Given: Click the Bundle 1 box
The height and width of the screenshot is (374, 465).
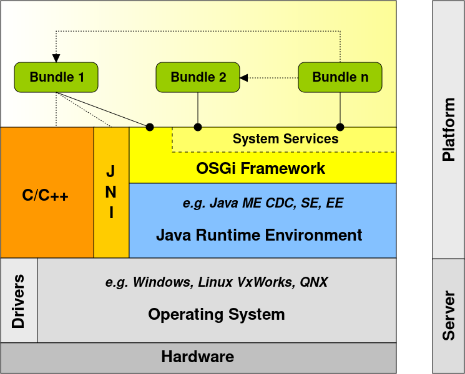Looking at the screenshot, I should [x=56, y=77].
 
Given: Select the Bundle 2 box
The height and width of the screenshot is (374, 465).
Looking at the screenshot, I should [x=198, y=77].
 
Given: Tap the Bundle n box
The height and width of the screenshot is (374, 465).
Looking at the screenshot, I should [x=340, y=77].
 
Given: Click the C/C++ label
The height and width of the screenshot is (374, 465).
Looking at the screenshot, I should [x=46, y=196].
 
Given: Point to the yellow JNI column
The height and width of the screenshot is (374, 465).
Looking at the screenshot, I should [x=111, y=192].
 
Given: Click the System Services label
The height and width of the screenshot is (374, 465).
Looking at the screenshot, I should [x=285, y=139].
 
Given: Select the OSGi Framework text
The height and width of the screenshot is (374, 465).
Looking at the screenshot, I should [x=261, y=168].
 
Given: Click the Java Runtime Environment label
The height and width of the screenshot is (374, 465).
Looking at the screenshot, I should [x=259, y=235].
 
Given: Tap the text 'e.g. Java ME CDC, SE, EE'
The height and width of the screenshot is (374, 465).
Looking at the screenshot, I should [x=263, y=203].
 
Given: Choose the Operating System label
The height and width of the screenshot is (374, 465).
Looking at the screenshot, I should [x=216, y=314].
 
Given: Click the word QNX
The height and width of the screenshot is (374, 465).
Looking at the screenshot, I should [x=313, y=282].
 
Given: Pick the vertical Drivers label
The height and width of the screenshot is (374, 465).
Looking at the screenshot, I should [x=18, y=301].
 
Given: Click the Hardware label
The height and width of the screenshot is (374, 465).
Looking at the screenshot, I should [x=197, y=357].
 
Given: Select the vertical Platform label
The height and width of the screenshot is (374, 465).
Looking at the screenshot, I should [x=448, y=130].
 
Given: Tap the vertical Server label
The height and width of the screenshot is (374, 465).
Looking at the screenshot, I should [x=448, y=315].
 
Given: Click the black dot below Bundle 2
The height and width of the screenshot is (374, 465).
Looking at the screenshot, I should [x=198, y=127].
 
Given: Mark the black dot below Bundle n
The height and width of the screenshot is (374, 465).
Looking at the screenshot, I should [x=340, y=127].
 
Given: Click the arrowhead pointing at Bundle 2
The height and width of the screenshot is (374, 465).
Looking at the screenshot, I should [x=244, y=78].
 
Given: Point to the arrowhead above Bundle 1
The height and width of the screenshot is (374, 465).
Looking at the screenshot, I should [x=56, y=58].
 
